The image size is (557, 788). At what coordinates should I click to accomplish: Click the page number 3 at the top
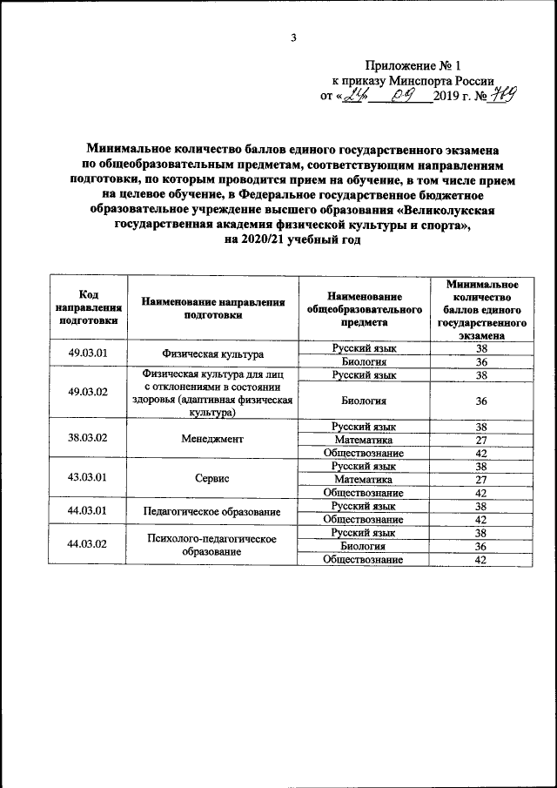(294, 37)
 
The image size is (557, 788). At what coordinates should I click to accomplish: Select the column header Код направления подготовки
(88, 307)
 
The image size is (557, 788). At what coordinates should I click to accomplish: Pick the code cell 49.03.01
(88, 354)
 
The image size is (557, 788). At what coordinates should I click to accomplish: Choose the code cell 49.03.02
(88, 392)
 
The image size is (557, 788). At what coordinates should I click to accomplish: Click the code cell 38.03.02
(88, 438)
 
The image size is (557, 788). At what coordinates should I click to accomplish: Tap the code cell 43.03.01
(88, 477)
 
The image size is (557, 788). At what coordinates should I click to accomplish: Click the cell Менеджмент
(212, 440)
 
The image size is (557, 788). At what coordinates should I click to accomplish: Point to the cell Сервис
(212, 479)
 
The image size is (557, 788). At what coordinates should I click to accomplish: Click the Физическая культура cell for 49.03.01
(212, 354)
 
